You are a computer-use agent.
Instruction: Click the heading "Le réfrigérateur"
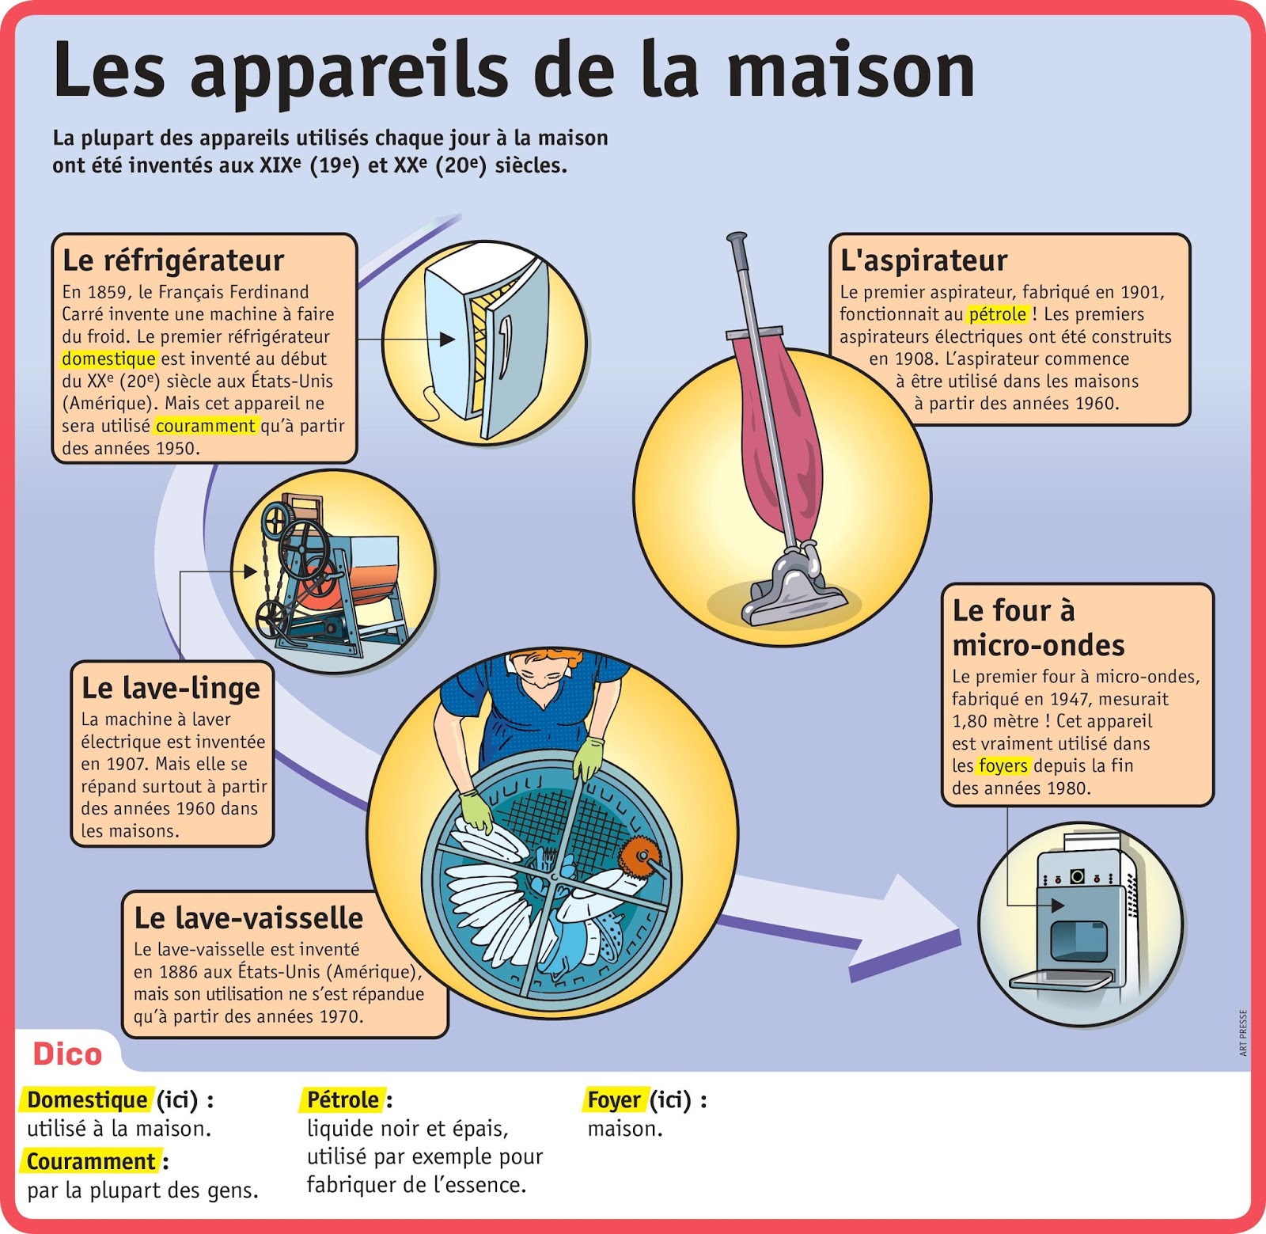click(x=172, y=260)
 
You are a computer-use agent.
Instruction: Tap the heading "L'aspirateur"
click(x=923, y=260)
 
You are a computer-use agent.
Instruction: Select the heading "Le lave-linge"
click(x=171, y=688)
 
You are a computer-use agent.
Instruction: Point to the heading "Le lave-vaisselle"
click(x=248, y=918)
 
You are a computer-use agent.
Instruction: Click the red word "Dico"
click(x=67, y=1054)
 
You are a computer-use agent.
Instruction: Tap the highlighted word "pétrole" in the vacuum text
click(x=997, y=314)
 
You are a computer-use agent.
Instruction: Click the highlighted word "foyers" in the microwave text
click(x=1003, y=765)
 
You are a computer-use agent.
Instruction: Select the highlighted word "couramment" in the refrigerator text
click(x=206, y=426)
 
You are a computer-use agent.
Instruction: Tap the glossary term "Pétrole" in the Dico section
click(x=343, y=1100)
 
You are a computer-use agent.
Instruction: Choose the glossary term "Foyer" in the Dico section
click(x=614, y=1100)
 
